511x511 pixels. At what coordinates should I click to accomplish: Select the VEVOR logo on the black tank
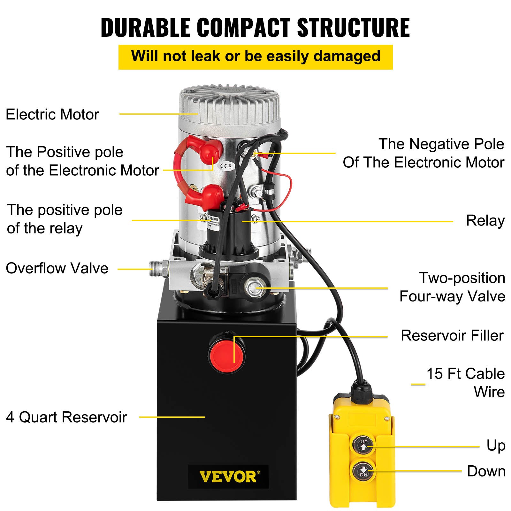(228, 477)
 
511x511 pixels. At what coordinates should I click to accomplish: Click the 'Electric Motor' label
(52, 114)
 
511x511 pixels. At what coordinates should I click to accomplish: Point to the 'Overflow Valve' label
(57, 268)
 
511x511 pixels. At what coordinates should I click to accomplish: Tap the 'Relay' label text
(485, 221)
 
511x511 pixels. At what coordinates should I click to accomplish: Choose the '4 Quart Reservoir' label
(66, 417)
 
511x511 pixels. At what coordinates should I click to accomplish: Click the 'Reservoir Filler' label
(452, 336)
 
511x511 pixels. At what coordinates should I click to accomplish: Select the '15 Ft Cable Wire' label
(466, 382)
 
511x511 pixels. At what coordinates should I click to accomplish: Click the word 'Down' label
(486, 471)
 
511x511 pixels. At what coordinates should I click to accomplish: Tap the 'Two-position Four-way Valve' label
(452, 287)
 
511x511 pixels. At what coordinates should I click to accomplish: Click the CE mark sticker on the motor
(226, 166)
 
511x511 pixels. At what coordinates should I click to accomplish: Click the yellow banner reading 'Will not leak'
(256, 57)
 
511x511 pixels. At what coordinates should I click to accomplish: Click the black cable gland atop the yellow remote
(362, 392)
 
